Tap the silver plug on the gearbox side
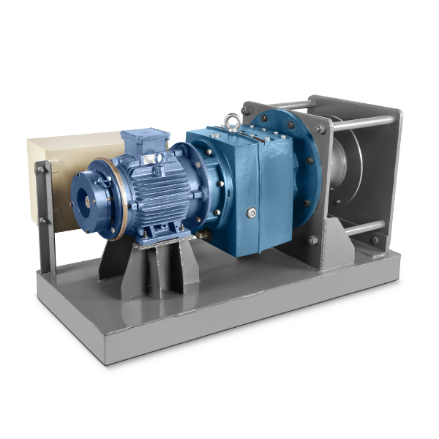[x=252, y=213]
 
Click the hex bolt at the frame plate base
[x=313, y=239]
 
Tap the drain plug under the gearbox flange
[x=206, y=236]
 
